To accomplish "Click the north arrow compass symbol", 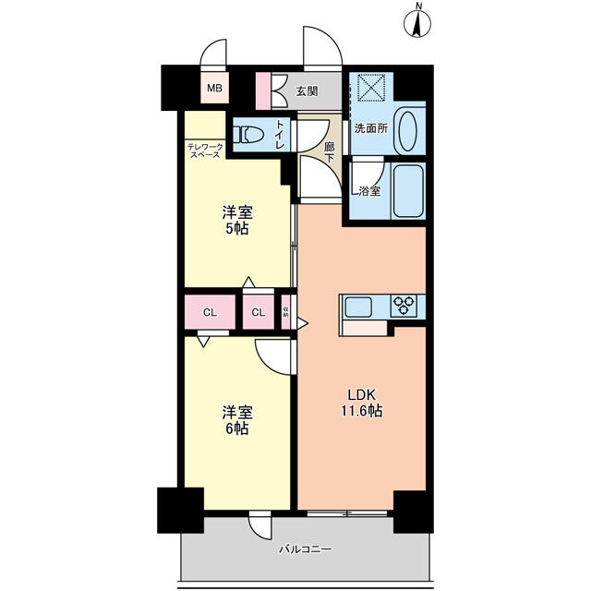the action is (417, 22).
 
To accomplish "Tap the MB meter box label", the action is (215, 89).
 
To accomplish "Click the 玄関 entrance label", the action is (307, 91).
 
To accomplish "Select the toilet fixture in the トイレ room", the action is (248, 134).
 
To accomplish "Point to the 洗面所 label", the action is (371, 128).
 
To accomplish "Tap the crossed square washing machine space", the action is (371, 88).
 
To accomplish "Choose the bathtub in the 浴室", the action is (408, 190).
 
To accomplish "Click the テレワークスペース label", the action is (205, 151).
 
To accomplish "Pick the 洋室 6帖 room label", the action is (237, 420).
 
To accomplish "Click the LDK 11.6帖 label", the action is (362, 403).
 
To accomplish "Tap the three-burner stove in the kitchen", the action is (404, 305).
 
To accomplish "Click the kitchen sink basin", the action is (358, 307).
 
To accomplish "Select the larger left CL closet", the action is (210, 312).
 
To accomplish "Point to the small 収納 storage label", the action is (285, 312).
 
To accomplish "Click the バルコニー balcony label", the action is (306, 549).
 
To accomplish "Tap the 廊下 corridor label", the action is (330, 152).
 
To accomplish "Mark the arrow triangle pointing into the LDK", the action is (303, 323).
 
